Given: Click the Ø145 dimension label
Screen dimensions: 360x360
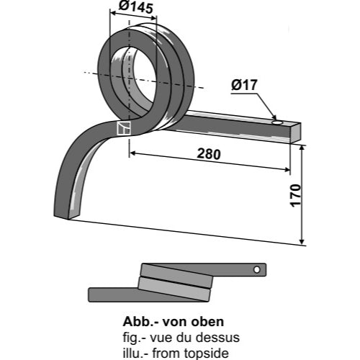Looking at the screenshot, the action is pyautogui.click(x=136, y=7).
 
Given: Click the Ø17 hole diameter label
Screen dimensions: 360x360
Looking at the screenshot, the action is pyautogui.click(x=244, y=85).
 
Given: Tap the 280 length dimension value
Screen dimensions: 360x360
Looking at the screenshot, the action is pyautogui.click(x=208, y=154).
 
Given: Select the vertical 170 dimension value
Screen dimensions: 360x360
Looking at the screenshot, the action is pyautogui.click(x=295, y=195).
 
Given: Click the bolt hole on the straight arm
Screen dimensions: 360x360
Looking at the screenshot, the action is pyautogui.click(x=277, y=122).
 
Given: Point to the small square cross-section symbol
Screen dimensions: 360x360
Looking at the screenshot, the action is pyautogui.click(x=124, y=128).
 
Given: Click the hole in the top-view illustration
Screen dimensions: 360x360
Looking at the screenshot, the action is pyautogui.click(x=256, y=269).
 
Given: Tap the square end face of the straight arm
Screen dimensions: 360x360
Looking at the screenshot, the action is pyautogui.click(x=295, y=133).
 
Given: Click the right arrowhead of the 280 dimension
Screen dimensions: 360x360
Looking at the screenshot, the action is pyautogui.click(x=287, y=170).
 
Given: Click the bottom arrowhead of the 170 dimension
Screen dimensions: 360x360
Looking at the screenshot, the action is pyautogui.click(x=302, y=241).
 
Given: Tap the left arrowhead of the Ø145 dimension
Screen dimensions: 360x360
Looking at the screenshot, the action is pyautogui.click(x=113, y=12).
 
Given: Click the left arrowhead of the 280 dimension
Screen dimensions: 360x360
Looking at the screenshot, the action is pyautogui.click(x=133, y=153).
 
